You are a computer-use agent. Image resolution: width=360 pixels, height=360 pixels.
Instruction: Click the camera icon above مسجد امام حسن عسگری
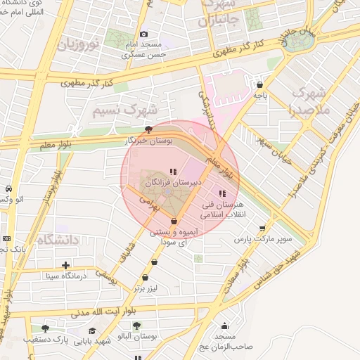144,34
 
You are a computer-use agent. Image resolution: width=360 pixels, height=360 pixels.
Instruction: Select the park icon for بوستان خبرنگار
148,129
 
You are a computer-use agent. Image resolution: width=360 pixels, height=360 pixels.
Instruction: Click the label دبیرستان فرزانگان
173,181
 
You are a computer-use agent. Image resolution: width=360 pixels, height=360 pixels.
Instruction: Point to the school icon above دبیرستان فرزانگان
174,171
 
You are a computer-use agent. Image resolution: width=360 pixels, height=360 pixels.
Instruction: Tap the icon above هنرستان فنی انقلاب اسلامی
223,193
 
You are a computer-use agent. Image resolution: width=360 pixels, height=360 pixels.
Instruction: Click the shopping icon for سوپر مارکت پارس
263,228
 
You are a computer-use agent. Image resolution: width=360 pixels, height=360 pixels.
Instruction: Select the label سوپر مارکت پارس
263,239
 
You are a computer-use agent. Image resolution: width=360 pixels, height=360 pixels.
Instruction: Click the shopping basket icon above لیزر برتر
145,278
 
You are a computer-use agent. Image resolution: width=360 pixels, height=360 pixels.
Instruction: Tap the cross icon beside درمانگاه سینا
65,266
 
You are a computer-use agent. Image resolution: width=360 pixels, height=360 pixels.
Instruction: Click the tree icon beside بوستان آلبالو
136,326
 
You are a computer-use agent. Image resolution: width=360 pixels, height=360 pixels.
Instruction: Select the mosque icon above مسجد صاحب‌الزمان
224,326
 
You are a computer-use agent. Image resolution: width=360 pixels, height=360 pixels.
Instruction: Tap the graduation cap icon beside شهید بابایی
92,330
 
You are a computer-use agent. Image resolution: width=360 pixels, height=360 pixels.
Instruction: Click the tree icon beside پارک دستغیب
46,328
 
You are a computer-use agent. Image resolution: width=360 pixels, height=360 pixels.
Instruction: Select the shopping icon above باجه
259,84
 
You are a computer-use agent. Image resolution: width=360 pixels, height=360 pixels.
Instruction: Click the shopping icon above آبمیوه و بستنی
174,221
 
